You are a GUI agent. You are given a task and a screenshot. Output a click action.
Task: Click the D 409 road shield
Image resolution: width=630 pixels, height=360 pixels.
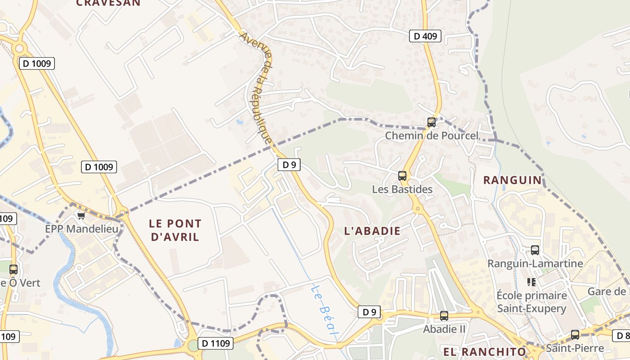click(425, 36)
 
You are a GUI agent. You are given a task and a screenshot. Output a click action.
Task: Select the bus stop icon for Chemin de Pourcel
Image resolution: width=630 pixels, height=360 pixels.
click(432, 122)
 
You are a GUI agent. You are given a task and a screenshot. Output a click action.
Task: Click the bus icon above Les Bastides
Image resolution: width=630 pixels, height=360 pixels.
click(402, 176)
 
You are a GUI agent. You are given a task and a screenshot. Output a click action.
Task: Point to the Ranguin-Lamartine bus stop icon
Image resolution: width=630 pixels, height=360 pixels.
click(535, 250)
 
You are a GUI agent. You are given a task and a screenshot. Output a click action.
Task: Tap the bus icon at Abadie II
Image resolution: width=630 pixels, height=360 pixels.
click(444, 316)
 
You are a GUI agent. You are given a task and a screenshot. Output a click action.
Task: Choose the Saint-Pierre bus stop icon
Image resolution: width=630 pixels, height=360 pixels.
click(575, 335)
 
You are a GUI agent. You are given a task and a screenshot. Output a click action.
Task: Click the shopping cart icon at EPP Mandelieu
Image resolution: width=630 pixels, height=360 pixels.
click(81, 216)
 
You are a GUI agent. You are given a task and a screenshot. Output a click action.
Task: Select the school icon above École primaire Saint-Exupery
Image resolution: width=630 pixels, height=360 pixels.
click(531, 282)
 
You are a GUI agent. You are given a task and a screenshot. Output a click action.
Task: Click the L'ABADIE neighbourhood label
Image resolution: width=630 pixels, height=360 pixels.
click(372, 231)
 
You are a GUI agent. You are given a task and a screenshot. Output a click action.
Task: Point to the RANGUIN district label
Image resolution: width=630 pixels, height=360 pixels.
click(513, 180)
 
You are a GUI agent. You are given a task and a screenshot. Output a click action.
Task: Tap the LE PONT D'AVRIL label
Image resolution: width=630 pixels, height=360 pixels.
click(175, 230)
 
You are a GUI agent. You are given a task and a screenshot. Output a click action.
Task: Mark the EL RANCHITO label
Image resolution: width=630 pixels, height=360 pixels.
click(485, 352)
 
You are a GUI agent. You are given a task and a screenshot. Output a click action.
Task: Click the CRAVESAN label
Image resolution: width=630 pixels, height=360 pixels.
click(108, 3)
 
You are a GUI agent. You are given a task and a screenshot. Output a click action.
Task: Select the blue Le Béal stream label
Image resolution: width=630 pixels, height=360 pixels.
click(324, 310)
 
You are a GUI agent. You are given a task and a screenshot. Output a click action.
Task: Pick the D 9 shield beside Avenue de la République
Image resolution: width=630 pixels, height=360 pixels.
click(289, 165)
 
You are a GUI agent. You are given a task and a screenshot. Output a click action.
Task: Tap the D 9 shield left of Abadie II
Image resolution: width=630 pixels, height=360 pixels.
click(369, 312)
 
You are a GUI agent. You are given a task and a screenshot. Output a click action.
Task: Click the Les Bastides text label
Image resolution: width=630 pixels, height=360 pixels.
click(402, 189)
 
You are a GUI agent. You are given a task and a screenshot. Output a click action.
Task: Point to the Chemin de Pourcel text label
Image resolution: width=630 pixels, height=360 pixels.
click(432, 135)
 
